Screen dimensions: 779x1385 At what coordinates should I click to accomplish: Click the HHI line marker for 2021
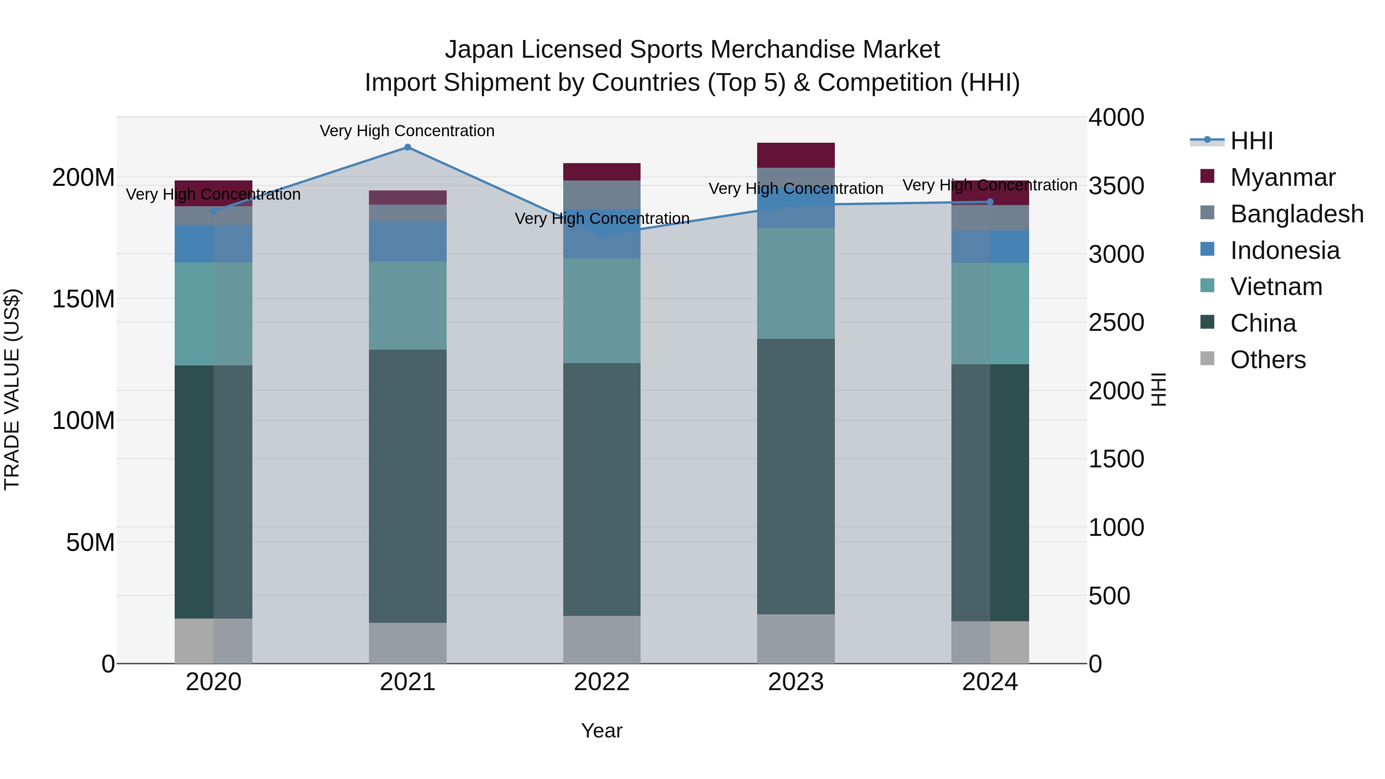click(x=407, y=147)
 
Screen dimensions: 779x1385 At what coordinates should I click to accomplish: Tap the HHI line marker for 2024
click(x=990, y=202)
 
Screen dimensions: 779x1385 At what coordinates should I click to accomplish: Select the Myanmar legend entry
click(x=1282, y=177)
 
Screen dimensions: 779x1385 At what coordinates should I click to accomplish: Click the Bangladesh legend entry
click(x=1296, y=214)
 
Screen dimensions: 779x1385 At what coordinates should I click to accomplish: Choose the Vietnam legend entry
click(x=1275, y=287)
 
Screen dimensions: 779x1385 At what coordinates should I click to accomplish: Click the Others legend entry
click(x=1267, y=360)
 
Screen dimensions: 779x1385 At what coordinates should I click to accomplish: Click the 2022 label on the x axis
click(x=602, y=682)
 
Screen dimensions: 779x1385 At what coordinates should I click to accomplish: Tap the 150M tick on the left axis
click(x=83, y=299)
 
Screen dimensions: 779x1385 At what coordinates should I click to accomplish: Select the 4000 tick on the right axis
click(x=1116, y=118)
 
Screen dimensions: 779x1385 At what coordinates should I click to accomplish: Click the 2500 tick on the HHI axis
click(x=1116, y=323)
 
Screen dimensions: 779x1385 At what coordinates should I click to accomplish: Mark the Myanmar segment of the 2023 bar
click(x=796, y=155)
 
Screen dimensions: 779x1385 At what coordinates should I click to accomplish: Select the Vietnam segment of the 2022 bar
click(x=602, y=311)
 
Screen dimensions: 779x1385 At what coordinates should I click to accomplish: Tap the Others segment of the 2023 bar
click(x=796, y=639)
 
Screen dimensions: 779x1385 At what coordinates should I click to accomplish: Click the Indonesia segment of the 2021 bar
click(x=407, y=241)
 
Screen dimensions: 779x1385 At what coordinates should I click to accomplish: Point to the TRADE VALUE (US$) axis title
click(x=12, y=389)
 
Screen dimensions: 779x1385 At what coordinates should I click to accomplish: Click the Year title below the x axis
click(x=602, y=731)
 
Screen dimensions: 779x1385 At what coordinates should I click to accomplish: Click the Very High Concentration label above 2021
click(x=407, y=131)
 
